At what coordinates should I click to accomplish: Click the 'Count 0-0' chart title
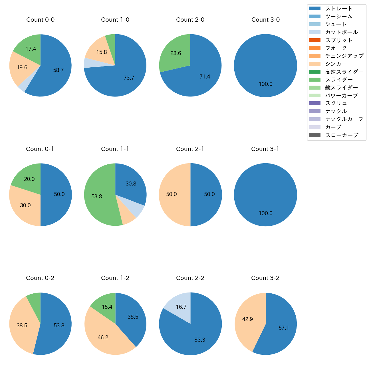point(40,20)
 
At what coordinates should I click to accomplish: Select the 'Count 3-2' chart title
point(265,278)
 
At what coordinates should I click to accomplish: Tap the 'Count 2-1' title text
point(190,149)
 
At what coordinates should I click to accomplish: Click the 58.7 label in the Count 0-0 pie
point(59,70)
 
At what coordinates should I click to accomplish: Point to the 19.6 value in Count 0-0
point(22,68)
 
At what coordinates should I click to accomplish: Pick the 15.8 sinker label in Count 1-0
point(102,52)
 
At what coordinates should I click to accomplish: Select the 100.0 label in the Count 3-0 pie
point(265,84)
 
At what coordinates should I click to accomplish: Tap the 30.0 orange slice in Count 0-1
point(25,205)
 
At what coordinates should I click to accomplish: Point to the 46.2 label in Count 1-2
point(103,338)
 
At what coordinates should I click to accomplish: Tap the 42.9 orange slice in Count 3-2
point(247,319)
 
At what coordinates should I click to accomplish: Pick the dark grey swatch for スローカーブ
point(315,135)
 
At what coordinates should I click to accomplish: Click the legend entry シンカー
point(336,64)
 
